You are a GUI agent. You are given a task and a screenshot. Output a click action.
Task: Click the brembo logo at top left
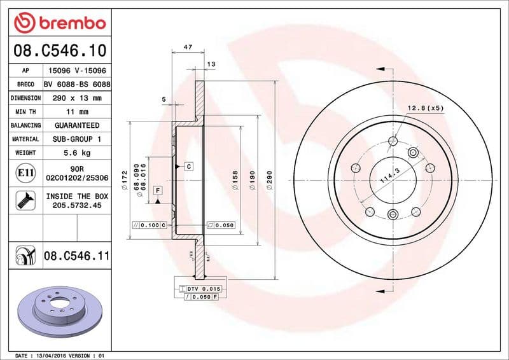pos(59,23)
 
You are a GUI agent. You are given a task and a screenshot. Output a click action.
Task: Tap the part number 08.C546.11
pos(76,256)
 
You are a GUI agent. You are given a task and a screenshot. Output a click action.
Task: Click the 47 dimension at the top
pos(188,48)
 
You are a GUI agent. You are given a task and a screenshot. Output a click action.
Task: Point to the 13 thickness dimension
pos(211,64)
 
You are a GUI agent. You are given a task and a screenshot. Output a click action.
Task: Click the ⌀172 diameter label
pos(124,188)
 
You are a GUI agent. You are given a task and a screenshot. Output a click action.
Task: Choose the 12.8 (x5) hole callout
pos(425,107)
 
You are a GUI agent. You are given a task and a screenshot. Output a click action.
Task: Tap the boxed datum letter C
pos(189,166)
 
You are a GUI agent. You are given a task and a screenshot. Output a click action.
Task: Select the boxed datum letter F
pos(157,191)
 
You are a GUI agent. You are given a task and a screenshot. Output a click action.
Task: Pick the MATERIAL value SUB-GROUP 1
pos(76,139)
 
